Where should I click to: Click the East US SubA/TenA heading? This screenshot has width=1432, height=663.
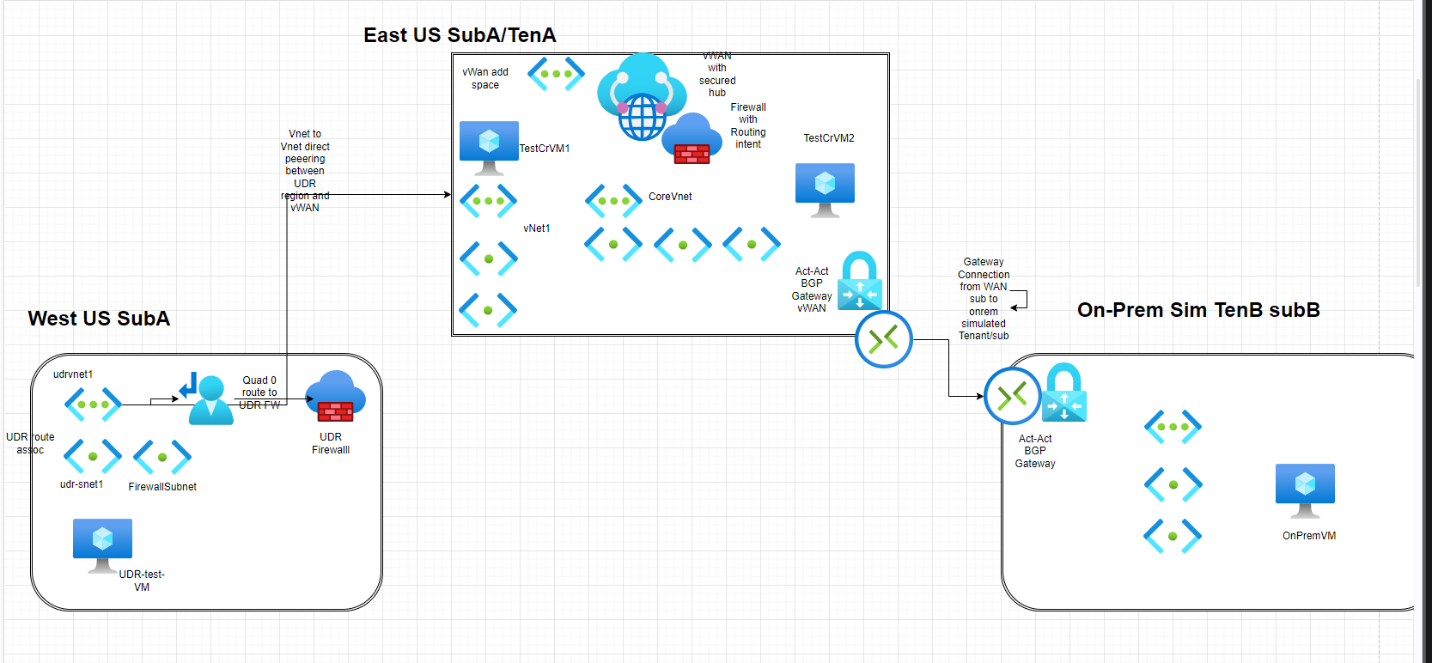(460, 35)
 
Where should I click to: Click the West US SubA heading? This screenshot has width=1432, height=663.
(99, 319)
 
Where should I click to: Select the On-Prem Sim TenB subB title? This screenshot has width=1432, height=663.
(1198, 310)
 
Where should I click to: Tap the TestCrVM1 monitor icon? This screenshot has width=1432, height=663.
(489, 144)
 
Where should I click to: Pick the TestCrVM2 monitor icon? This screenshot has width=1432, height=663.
(825, 187)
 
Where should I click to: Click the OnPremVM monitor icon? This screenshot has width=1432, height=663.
(1305, 488)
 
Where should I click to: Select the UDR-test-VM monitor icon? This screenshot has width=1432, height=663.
(102, 543)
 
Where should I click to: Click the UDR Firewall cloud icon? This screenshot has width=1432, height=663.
(336, 397)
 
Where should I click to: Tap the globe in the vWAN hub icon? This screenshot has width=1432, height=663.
(642, 117)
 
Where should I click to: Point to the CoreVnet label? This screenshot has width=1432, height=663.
(670, 197)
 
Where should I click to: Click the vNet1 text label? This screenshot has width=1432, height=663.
(537, 228)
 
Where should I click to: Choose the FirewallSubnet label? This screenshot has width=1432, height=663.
(162, 487)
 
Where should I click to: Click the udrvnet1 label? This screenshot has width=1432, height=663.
(73, 374)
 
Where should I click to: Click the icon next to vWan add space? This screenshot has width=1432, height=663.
(556, 74)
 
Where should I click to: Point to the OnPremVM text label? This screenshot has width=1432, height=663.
(1309, 536)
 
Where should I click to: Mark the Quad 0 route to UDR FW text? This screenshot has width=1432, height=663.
(259, 392)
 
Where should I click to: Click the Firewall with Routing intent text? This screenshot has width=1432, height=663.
(748, 126)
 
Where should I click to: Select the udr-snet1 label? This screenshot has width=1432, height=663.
(82, 484)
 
